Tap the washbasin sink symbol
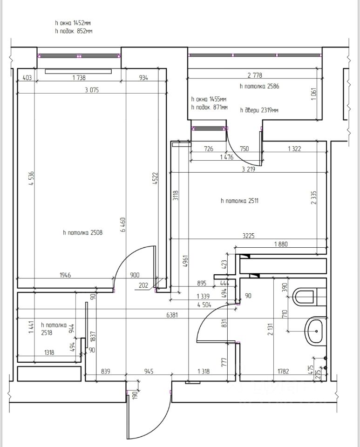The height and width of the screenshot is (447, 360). tap(315, 331)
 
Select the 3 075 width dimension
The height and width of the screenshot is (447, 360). tap(92, 90)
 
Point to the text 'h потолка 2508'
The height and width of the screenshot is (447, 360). tap(82, 233)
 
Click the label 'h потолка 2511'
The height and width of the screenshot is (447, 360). tap(240, 201)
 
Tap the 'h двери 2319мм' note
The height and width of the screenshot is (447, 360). tap(259, 110)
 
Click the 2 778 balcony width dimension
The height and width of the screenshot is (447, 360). tap(255, 75)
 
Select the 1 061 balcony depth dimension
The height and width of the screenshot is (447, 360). tap(314, 95)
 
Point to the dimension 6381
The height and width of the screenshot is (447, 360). tap(172, 315)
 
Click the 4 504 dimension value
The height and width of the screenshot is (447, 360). tap(204, 305)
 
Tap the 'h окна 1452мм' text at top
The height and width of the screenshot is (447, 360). tap(73, 23)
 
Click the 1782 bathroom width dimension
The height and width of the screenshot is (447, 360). tap(283, 371)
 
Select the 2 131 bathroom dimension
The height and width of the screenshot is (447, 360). tap(270, 329)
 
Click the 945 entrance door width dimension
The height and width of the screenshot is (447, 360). tap(149, 371)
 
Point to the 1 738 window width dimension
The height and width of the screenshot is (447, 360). tap(79, 78)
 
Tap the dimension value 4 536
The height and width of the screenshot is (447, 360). tap(31, 178)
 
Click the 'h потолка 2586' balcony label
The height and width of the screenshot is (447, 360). tap(259, 86)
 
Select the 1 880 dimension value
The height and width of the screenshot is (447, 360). tap(281, 244)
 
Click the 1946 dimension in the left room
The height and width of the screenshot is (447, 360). tap(65, 275)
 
